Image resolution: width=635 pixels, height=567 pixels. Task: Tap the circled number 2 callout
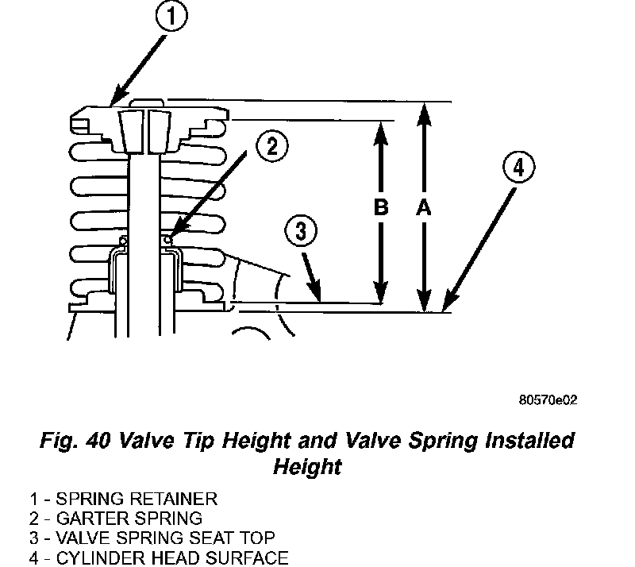[x=271, y=145]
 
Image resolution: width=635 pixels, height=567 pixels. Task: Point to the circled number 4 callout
[x=518, y=168]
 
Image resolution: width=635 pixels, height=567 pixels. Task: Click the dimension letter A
[x=423, y=208]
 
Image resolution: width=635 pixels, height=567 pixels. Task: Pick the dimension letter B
[x=380, y=208]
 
